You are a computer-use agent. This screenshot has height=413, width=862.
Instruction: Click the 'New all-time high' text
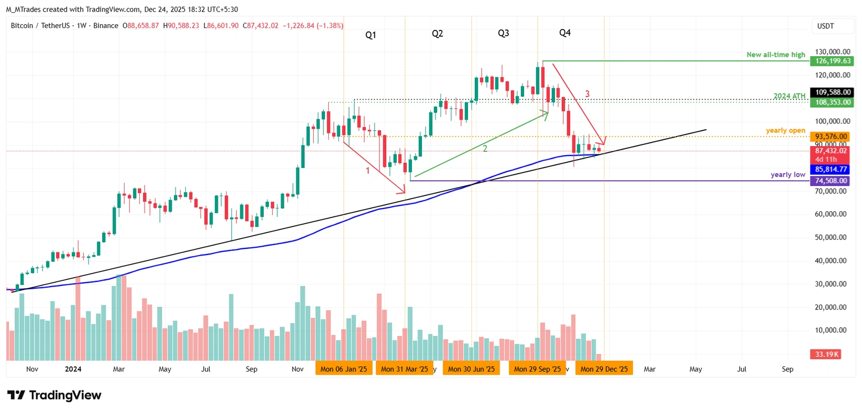coord(776,55)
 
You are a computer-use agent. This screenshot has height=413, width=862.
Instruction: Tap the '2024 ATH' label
coord(790,97)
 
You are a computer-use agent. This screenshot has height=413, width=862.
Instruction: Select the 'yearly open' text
coord(786,130)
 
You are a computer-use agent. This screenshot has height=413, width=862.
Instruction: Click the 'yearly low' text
coord(788,175)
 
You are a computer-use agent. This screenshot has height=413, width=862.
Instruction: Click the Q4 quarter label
coord(565,33)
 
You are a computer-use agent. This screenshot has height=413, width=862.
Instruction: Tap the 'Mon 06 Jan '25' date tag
coord(343,369)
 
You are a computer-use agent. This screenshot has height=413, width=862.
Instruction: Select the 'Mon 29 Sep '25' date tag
coord(538,369)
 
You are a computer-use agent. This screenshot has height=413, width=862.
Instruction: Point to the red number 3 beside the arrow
coord(587,94)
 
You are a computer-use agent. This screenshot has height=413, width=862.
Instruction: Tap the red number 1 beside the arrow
coord(368,170)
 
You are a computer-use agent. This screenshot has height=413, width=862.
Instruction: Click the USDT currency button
coord(826,26)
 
